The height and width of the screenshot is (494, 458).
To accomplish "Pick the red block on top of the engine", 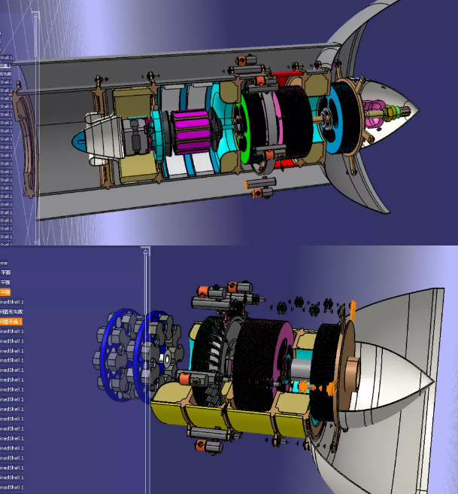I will click(x=284, y=78).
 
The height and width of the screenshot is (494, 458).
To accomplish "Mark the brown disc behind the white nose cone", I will click(x=350, y=377).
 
